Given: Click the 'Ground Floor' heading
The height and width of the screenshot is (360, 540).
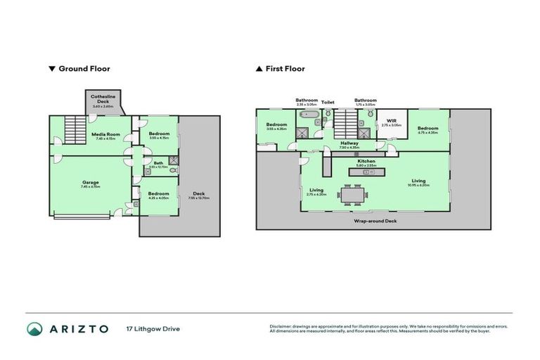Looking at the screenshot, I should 84,69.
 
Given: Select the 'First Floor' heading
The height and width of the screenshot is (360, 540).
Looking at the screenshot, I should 285,69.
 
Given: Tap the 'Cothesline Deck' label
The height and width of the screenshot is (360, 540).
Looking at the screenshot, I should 103,101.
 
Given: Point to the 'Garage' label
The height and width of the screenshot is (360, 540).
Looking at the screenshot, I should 90,184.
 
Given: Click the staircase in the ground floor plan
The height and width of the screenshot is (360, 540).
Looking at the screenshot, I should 73,131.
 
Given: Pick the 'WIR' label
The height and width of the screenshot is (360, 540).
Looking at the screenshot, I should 392,122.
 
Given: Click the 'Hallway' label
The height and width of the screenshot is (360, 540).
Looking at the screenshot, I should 349,143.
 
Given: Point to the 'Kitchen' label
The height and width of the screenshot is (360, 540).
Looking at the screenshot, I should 366,161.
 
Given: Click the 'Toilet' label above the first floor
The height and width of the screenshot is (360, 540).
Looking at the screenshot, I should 328,103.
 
